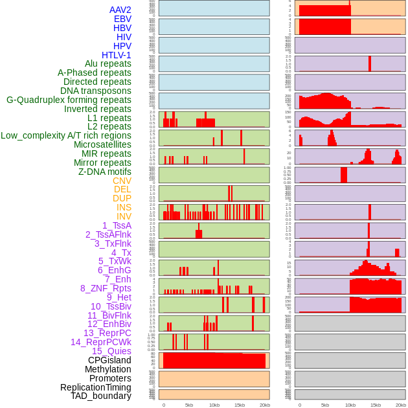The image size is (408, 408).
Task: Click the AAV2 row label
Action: click(x=120, y=10)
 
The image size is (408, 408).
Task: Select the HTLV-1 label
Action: click(x=117, y=55)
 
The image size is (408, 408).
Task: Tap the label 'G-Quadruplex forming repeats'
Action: click(x=69, y=100)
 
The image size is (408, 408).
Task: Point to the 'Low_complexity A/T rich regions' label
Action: click(x=66, y=135)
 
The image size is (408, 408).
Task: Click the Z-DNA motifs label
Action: click(x=105, y=172)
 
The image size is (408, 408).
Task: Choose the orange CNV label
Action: click(x=122, y=181)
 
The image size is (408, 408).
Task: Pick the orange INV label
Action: click(x=124, y=216)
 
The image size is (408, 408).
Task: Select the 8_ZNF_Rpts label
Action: click(x=106, y=288)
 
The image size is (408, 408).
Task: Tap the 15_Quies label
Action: click(x=111, y=351)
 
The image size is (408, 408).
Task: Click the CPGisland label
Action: click(x=109, y=360)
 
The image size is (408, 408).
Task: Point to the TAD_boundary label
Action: click(x=101, y=396)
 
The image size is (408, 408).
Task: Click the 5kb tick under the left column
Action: click(x=189, y=405)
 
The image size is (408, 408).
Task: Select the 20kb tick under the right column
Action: click(x=401, y=405)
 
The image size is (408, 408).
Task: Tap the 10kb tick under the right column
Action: click(x=350, y=405)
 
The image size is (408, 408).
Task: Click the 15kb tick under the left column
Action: click(x=240, y=405)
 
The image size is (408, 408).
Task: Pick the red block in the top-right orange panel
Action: click(x=324, y=10)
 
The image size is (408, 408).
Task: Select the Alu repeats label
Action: click(x=108, y=63)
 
